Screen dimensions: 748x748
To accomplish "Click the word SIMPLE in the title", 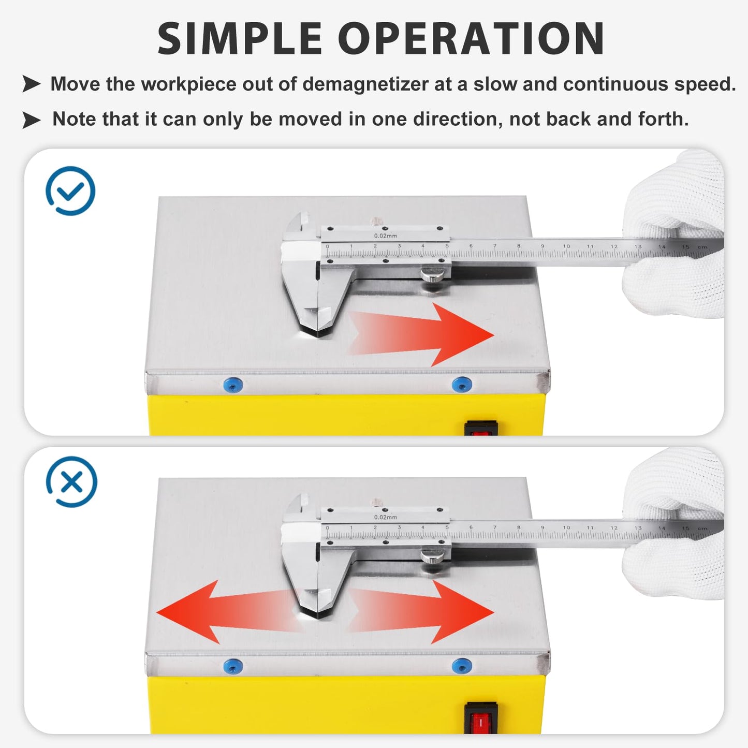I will click(240, 39).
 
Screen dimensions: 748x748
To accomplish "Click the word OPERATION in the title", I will click(471, 39).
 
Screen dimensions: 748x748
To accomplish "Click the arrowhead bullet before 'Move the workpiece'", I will click(32, 83).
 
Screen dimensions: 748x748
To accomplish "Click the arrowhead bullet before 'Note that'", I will click(32, 120).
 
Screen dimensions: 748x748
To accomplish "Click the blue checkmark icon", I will click(70, 190).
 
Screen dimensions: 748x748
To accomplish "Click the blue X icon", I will click(71, 482).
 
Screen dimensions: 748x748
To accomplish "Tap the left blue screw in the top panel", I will click(232, 385).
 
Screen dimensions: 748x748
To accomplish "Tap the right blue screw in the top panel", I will click(461, 385).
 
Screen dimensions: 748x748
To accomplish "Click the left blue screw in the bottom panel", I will click(232, 666).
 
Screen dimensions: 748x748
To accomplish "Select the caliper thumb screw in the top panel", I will click(433, 274).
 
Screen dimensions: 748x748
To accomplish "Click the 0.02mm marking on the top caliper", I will click(386, 236).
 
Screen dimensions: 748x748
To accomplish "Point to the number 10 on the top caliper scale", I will click(566, 246).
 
